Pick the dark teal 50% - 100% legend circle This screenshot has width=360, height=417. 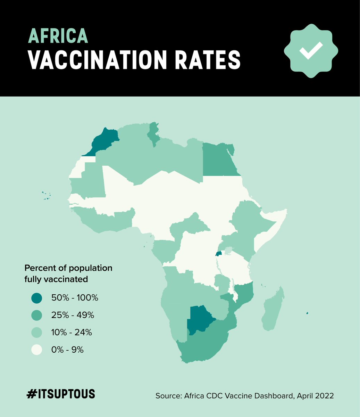point(36,298)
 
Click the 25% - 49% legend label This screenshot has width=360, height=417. point(73,316)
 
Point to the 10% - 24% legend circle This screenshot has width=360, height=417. point(36,333)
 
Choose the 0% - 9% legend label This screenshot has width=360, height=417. point(67,350)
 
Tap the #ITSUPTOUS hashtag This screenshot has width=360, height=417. point(61,394)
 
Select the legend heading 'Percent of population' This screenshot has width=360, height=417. point(68,268)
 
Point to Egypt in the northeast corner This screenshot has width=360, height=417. point(219,160)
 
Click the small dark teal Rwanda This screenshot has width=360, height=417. point(219,254)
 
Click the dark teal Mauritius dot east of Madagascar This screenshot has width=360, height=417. point(307,313)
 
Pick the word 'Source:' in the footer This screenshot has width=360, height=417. point(169,396)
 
